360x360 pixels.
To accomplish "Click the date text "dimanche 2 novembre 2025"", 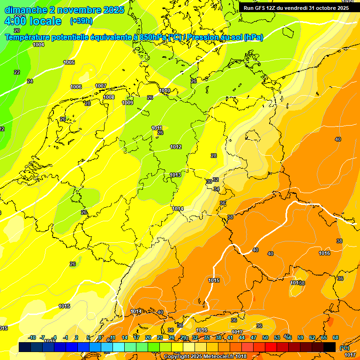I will [64, 10].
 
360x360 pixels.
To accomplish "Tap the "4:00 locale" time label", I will [33, 21].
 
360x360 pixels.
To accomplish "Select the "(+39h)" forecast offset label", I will [82, 21].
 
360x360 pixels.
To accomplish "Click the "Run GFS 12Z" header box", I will [296, 8].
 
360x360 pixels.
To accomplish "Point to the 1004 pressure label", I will [38, 45].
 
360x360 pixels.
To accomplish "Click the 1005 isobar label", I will [69, 62].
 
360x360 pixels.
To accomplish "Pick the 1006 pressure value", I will [76, 87].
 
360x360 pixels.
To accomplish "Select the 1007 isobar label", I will [101, 86].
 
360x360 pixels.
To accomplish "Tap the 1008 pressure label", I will [109, 97].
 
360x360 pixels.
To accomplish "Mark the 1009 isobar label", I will [127, 103].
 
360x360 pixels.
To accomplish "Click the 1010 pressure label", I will [165, 90].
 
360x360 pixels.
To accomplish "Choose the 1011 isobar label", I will [157, 128].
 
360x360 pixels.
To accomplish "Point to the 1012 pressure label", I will [176, 147].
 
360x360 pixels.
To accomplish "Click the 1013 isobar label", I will [175, 175].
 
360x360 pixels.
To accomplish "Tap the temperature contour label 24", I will [30, 81].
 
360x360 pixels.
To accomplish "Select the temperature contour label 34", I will [217, 189].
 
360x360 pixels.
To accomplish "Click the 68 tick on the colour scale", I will [336, 337].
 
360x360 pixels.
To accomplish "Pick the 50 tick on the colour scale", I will [265, 337].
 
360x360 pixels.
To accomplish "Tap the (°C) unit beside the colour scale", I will [345, 348].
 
